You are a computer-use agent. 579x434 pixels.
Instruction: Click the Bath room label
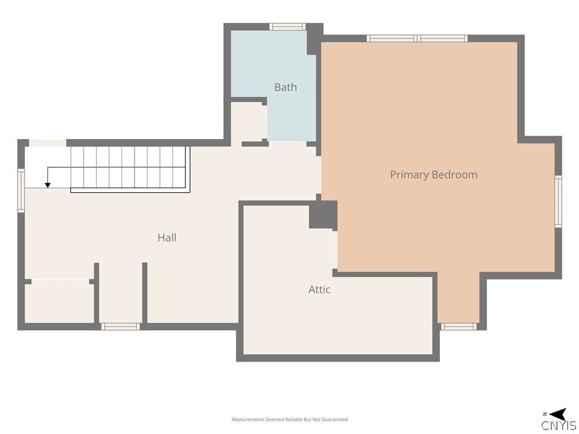(x=286, y=87)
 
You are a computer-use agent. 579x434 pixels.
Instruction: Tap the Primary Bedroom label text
(x=434, y=175)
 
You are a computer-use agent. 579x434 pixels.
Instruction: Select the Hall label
(x=167, y=238)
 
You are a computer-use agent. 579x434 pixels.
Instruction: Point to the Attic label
(x=319, y=289)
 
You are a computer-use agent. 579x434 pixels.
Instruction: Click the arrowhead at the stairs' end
(x=47, y=185)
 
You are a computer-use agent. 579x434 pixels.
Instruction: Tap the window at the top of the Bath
(x=287, y=27)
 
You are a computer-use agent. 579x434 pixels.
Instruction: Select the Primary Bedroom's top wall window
(x=417, y=38)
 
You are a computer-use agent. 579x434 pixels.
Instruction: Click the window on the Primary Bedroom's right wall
(x=558, y=202)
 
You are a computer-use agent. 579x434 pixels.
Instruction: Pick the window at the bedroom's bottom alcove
(x=459, y=326)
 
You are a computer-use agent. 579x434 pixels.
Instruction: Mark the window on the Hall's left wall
(x=21, y=190)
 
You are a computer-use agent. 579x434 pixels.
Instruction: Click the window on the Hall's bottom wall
(x=120, y=326)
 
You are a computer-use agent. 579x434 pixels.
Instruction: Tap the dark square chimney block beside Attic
(x=323, y=214)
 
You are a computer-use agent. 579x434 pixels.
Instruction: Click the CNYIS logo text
(x=559, y=426)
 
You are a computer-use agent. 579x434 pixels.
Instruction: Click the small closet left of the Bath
(x=247, y=122)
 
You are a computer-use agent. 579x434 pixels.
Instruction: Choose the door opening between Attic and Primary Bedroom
(x=335, y=250)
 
